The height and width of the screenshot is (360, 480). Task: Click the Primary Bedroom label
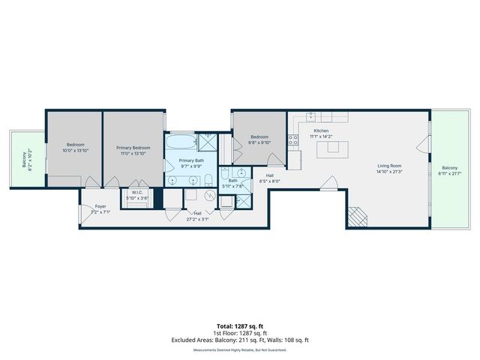click(133, 148)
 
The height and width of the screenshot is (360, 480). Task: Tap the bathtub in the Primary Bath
click(181, 142)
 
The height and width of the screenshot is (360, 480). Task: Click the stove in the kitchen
click(294, 160)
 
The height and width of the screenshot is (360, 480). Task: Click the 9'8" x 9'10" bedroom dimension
click(259, 142)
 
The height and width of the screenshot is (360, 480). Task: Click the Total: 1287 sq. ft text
click(239, 325)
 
